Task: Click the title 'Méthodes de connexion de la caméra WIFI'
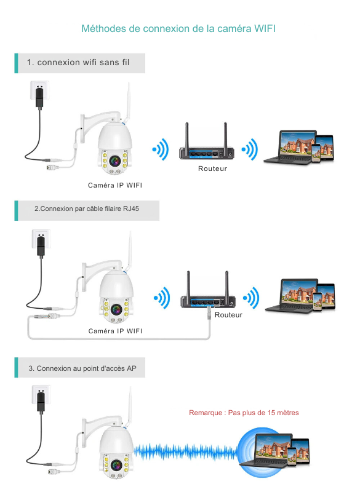[178, 28]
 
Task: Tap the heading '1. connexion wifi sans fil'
[78, 62]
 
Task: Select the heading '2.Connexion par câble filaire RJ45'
[87, 208]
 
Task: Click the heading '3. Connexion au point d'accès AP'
[82, 368]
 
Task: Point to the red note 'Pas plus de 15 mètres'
[263, 413]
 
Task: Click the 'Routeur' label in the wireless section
[212, 169]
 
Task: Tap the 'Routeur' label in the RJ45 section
[228, 315]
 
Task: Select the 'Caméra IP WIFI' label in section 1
[115, 185]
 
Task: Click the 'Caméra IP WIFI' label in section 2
[115, 331]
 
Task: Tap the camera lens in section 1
[115, 161]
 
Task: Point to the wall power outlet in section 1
[39, 90]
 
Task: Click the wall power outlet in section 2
[41, 239]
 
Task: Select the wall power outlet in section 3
[41, 395]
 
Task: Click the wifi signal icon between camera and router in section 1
[161, 149]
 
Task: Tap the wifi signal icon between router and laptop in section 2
[251, 298]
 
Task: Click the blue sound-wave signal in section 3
[185, 452]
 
